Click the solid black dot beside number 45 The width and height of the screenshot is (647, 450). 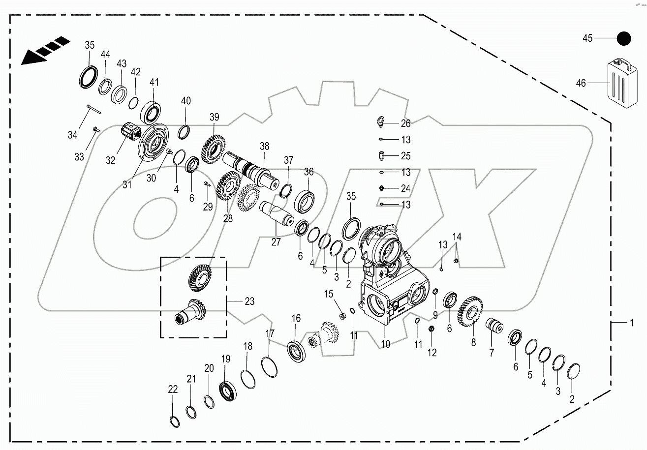click(624, 38)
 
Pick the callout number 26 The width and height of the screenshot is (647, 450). click(405, 123)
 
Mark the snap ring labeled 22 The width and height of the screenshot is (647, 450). click(172, 421)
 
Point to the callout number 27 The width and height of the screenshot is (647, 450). click(276, 242)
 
